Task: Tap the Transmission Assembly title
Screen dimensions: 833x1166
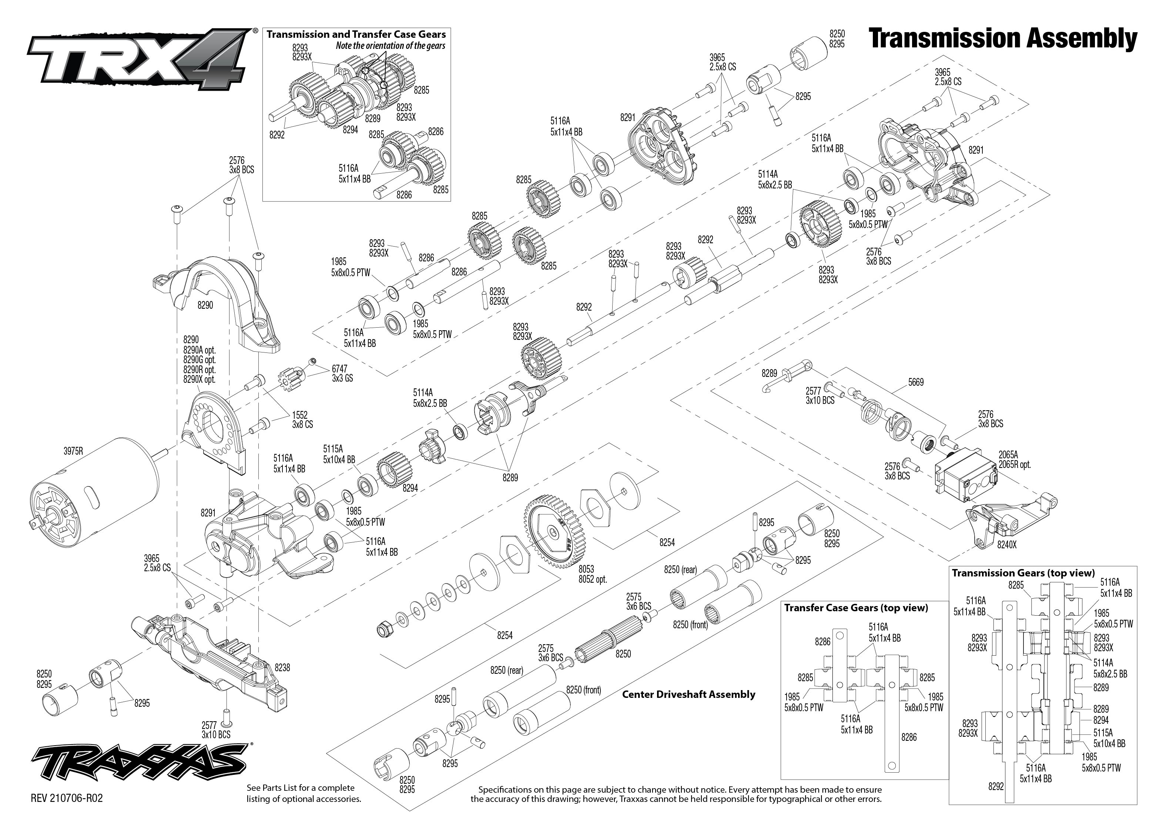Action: [x=1003, y=40]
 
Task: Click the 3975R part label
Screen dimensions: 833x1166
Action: [x=73, y=451]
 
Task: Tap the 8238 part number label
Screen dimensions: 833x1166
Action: [x=282, y=667]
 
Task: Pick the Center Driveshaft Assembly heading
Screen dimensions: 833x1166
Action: [x=688, y=695]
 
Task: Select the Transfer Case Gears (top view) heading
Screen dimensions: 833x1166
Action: [x=856, y=608]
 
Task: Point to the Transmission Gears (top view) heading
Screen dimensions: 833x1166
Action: [x=1023, y=573]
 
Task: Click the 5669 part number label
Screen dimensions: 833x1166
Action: [x=915, y=382]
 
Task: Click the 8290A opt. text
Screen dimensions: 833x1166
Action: [x=200, y=350]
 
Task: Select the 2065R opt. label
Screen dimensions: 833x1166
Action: [x=1014, y=465]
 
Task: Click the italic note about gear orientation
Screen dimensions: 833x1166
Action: [x=390, y=46]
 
